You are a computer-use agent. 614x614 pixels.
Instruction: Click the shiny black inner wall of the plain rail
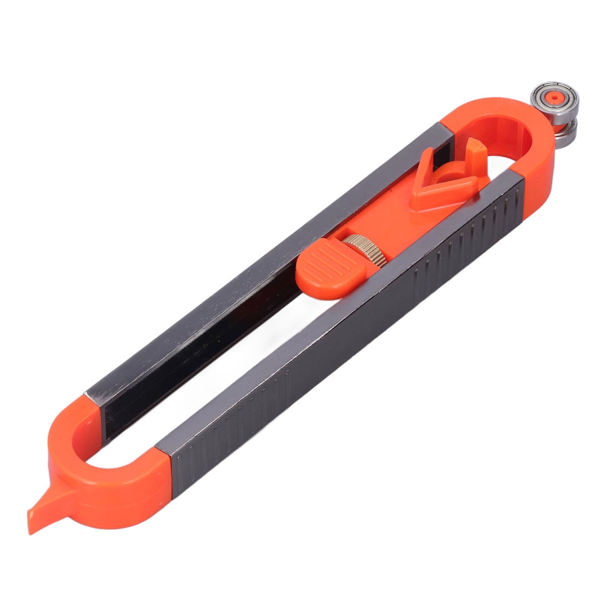205,348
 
